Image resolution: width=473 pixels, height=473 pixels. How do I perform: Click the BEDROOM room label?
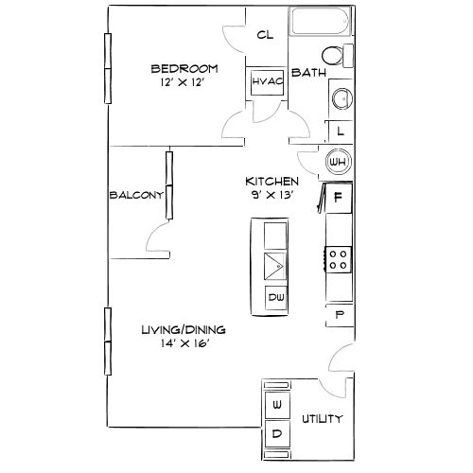click(x=185, y=68)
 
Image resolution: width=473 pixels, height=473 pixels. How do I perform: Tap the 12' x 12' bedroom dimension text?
click(x=185, y=83)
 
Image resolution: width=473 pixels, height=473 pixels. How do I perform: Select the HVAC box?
click(x=262, y=82)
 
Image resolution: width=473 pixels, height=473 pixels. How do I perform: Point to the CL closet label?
click(x=266, y=35)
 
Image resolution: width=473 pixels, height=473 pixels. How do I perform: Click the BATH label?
click(x=308, y=73)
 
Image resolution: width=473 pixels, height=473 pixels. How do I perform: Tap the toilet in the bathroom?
click(x=334, y=55)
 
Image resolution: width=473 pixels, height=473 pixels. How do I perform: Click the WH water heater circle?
click(x=338, y=163)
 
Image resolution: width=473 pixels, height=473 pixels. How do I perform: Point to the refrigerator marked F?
click(x=339, y=198)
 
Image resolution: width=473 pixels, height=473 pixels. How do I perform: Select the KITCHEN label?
click(x=272, y=181)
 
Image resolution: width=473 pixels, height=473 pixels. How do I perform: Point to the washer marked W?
click(x=277, y=406)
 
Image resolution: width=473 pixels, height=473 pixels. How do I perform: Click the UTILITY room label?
click(x=322, y=419)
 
